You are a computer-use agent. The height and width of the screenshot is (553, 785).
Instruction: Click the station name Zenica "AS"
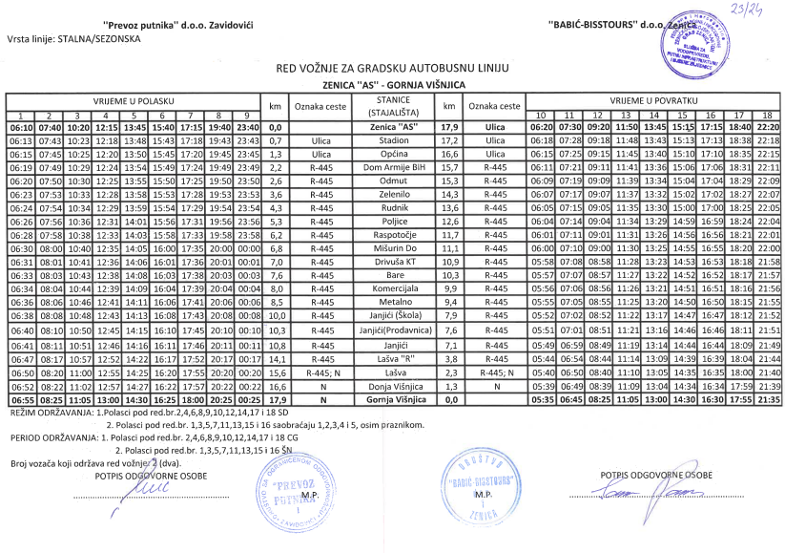(x=393, y=127)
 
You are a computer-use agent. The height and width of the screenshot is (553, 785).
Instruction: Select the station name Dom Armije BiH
(x=393, y=168)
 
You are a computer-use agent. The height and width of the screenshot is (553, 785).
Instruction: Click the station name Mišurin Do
(x=393, y=247)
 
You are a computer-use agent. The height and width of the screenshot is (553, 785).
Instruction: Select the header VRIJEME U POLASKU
(x=133, y=100)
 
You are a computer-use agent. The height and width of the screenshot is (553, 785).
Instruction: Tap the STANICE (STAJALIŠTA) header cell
(x=393, y=106)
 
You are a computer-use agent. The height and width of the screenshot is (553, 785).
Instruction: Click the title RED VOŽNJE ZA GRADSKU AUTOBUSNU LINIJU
(x=392, y=69)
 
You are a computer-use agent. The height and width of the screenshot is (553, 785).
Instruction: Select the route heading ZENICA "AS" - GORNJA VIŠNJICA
(x=392, y=85)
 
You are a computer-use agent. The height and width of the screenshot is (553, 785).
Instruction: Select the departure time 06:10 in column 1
(x=21, y=127)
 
